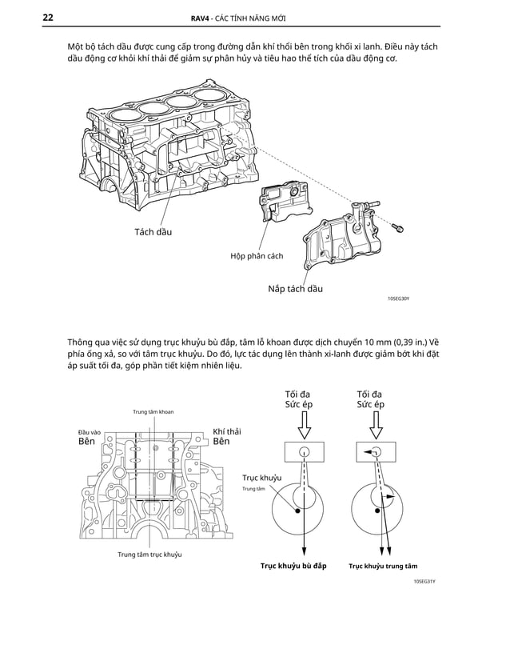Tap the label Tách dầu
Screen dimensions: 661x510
click(x=153, y=232)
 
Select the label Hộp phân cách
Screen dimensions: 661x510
click(x=256, y=256)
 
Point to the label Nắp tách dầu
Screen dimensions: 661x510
click(x=295, y=288)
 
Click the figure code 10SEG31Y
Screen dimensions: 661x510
click(x=424, y=582)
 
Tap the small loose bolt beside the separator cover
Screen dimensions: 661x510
click(x=397, y=227)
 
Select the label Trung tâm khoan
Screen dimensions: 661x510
click(x=153, y=411)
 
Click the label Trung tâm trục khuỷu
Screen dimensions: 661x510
click(x=149, y=555)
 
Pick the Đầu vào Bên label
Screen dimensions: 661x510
click(x=88, y=437)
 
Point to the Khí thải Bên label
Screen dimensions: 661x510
click(x=226, y=437)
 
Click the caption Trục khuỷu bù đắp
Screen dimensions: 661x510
click(x=293, y=566)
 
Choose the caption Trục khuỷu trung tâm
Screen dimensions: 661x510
click(x=383, y=566)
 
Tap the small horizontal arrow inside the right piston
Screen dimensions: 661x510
click(x=369, y=452)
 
